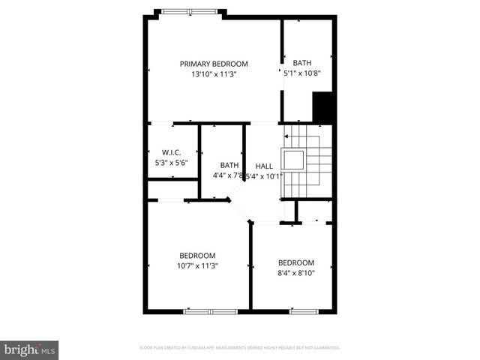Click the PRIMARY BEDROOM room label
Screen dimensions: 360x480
pyautogui.click(x=214, y=64)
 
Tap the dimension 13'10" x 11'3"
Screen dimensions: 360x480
pyautogui.click(x=214, y=74)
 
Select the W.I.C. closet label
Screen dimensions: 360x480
pyautogui.click(x=172, y=152)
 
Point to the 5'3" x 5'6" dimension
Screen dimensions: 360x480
pyautogui.click(x=172, y=162)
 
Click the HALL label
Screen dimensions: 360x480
pyautogui.click(x=264, y=166)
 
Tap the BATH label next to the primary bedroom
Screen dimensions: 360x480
pyautogui.click(x=302, y=63)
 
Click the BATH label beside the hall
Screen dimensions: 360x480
pyautogui.click(x=229, y=166)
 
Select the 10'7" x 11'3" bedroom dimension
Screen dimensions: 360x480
pyautogui.click(x=197, y=265)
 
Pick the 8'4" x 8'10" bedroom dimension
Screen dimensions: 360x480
pyautogui.click(x=296, y=273)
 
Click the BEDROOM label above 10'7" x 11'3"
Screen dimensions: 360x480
pyautogui.click(x=197, y=255)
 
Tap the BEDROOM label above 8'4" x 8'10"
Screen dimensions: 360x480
pyautogui.click(x=296, y=262)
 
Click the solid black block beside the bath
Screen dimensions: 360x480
pyautogui.click(x=322, y=106)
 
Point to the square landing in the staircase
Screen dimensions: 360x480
pyautogui.click(x=293, y=160)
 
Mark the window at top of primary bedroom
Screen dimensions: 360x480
pyautogui.click(x=187, y=10)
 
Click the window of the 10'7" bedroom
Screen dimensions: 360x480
pyautogui.click(x=211, y=310)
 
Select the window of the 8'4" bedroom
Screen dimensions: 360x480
pyautogui.click(x=302, y=310)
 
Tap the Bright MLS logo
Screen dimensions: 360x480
pyautogui.click(x=29, y=349)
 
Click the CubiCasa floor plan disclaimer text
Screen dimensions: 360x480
pyautogui.click(x=240, y=348)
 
